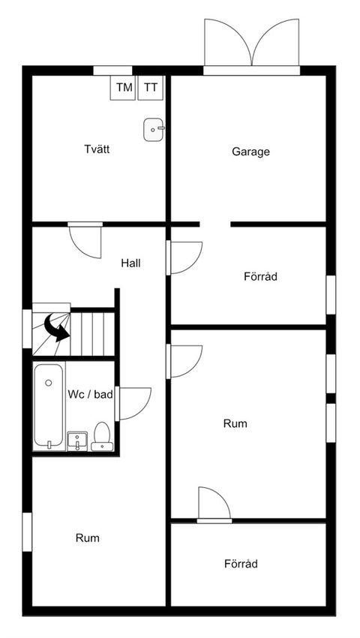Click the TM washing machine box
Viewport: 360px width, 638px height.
click(x=124, y=88)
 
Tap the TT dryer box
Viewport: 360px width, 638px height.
click(x=151, y=88)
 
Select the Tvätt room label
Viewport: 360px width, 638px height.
click(x=97, y=149)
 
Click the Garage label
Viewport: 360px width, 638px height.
click(x=250, y=152)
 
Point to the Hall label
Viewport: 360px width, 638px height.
click(x=131, y=263)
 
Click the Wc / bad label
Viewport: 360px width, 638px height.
click(x=90, y=394)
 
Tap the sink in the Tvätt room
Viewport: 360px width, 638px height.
click(x=152, y=130)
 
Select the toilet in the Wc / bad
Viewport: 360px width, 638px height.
click(x=102, y=438)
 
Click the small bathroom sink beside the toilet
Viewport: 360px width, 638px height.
click(x=76, y=441)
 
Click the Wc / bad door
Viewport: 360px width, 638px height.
click(x=135, y=402)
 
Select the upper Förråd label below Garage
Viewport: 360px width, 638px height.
click(x=261, y=276)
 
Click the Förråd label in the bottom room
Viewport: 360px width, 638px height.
click(x=241, y=564)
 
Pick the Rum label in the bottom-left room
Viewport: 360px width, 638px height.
click(x=87, y=538)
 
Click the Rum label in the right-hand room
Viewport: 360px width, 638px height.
click(x=235, y=423)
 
